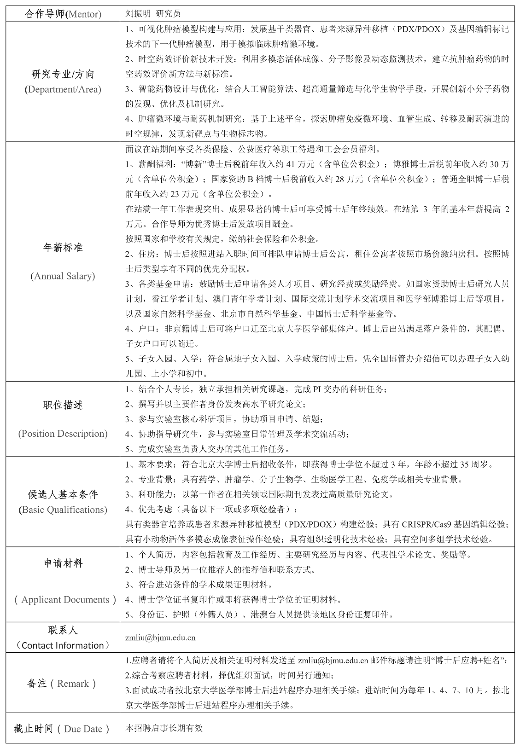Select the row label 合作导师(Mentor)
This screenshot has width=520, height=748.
point(63,14)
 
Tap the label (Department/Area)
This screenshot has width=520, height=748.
point(63,89)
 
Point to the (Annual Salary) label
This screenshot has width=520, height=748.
point(63,276)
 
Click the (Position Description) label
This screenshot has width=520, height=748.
point(63,434)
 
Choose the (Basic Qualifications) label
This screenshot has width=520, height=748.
point(63,510)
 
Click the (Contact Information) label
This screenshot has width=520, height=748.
point(63,645)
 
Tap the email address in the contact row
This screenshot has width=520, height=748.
point(160,638)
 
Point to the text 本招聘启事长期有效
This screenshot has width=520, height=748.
point(164,728)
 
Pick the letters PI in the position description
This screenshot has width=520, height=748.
point(317,389)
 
